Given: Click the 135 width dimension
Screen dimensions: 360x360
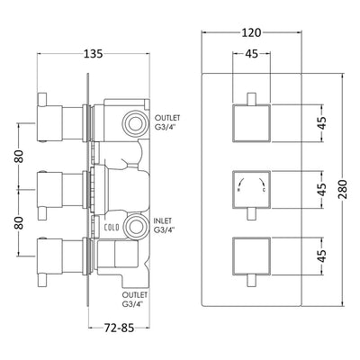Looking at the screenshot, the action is [x=93, y=54].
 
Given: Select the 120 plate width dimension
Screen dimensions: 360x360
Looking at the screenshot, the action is [x=251, y=32].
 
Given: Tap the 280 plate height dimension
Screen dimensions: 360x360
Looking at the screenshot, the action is [x=343, y=189].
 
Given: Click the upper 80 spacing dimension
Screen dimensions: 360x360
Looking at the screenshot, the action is [x=19, y=156].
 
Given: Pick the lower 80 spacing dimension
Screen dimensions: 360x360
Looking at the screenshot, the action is [x=19, y=222].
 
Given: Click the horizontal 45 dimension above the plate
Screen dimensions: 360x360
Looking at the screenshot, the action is [x=251, y=54].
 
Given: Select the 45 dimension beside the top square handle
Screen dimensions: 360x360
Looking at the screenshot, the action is [x=322, y=122].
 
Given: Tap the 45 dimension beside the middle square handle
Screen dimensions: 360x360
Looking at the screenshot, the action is [x=322, y=189].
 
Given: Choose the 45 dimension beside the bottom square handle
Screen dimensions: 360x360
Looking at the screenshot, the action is [x=322, y=256].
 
